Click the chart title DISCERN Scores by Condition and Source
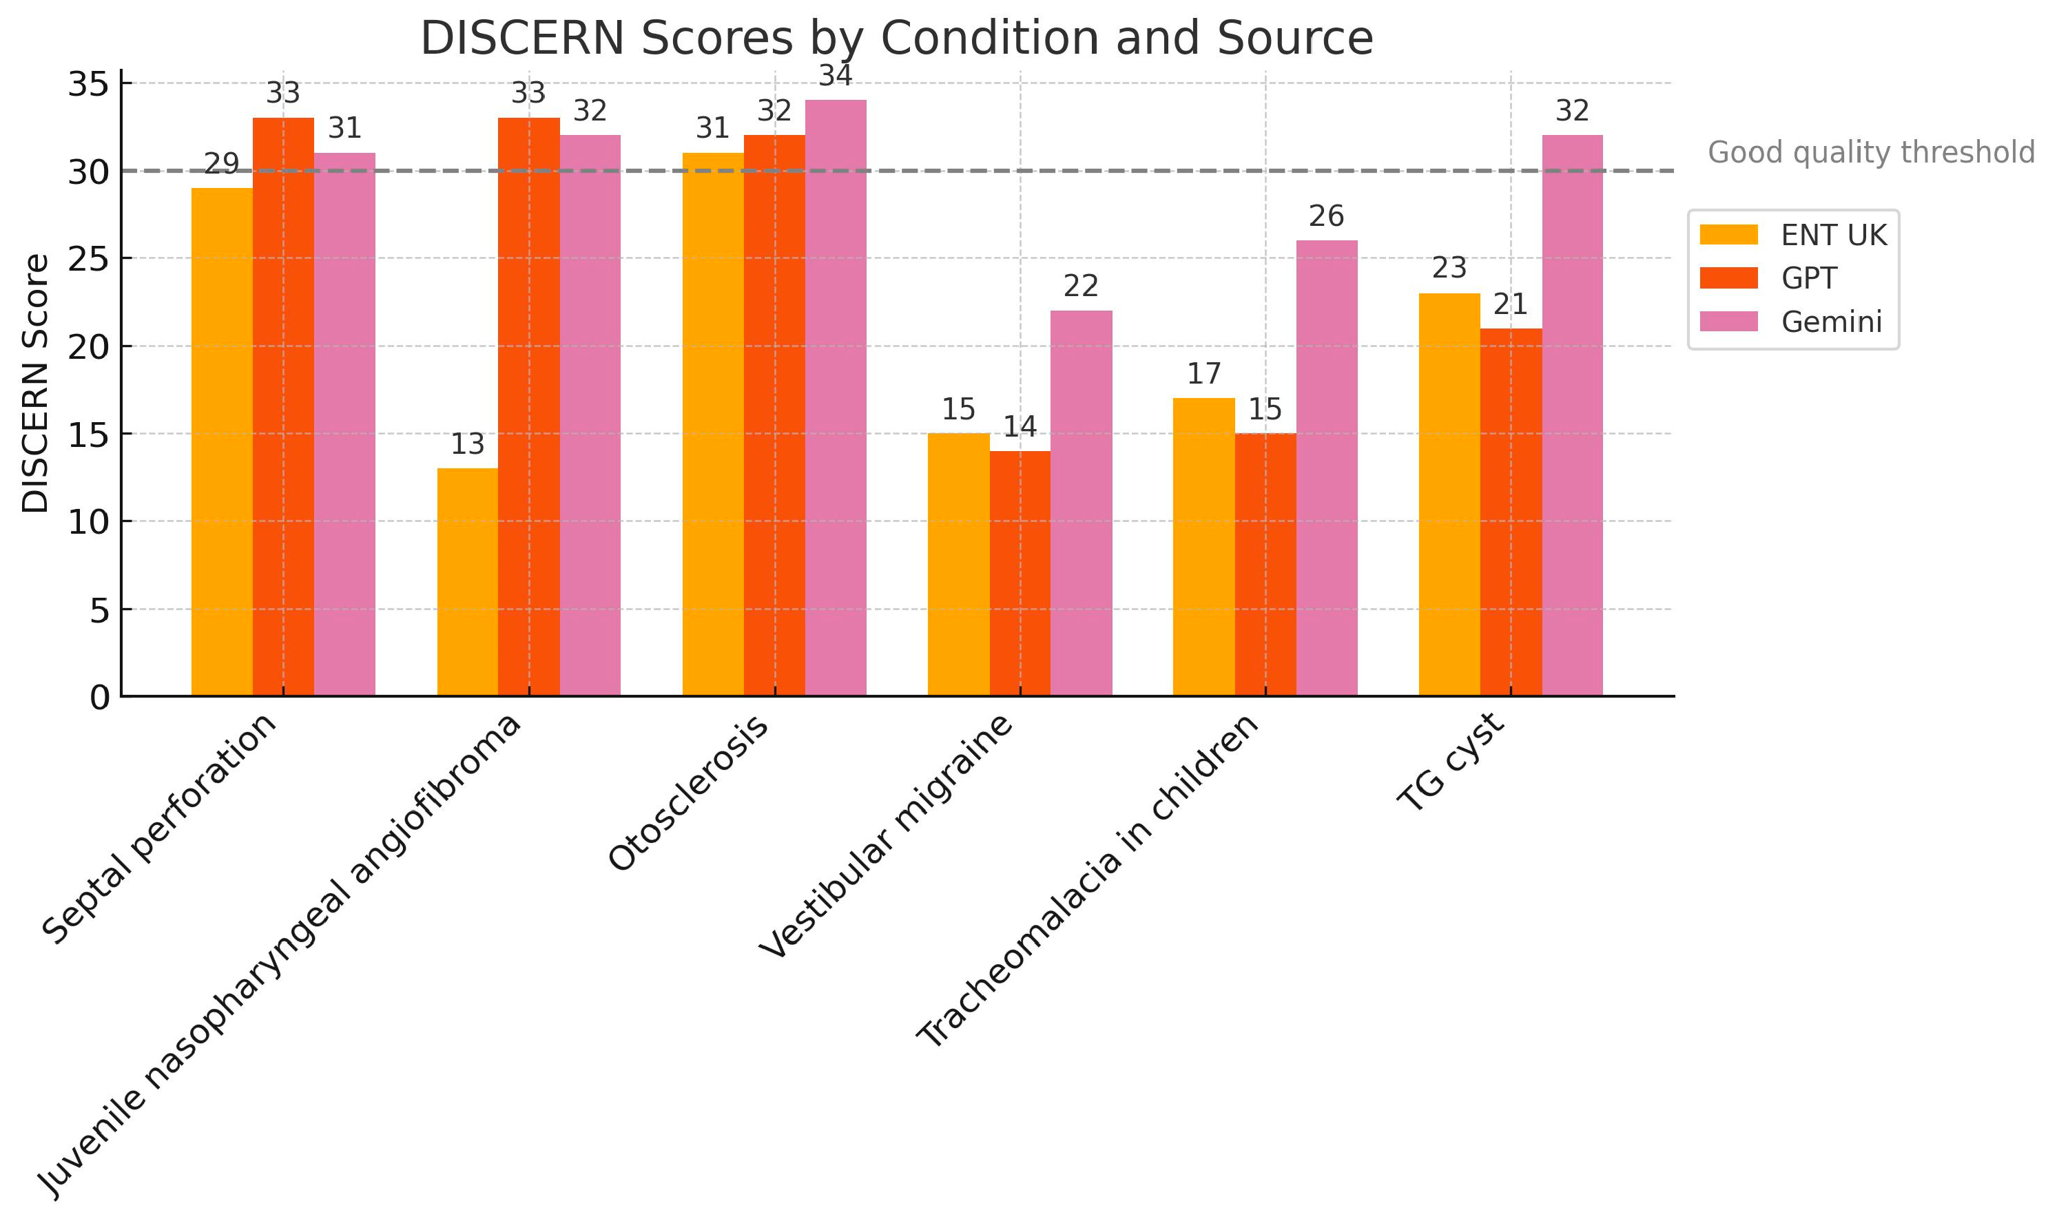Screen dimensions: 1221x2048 coord(896,39)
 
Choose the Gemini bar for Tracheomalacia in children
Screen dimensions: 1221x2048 coord(1326,468)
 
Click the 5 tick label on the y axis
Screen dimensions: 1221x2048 coord(99,610)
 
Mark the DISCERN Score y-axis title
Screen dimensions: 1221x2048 coord(35,384)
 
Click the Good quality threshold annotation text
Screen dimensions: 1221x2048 coord(1870,153)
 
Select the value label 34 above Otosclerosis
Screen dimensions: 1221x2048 coord(835,76)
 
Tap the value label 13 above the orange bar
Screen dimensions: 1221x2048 coord(467,444)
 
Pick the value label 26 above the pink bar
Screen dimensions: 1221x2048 coord(1326,216)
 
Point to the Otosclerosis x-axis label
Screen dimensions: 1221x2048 coord(689,793)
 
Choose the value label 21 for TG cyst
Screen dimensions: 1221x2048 coord(1511,304)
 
